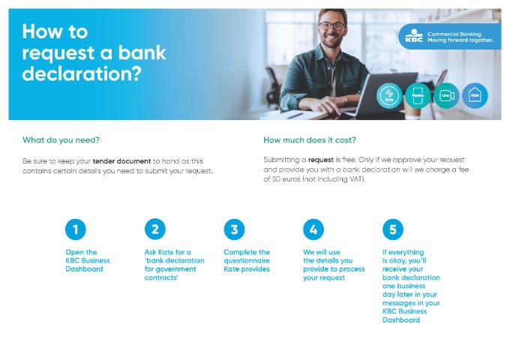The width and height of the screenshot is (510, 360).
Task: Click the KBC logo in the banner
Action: click(413, 35)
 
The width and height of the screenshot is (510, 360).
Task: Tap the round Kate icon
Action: click(389, 96)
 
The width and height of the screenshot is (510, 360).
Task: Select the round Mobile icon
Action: click(417, 96)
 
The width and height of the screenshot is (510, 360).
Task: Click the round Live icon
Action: click(446, 96)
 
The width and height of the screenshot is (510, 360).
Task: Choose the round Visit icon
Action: click(475, 95)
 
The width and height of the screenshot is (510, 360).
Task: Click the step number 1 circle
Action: click(75, 229)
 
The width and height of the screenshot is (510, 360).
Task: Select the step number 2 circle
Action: click(154, 229)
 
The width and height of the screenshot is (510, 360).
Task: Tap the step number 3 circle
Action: click(234, 229)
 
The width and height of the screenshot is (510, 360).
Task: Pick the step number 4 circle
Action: click(313, 229)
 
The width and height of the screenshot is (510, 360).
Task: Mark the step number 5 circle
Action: click(392, 229)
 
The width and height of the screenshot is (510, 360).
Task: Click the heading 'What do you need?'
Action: click(61, 140)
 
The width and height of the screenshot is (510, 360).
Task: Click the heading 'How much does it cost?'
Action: click(310, 140)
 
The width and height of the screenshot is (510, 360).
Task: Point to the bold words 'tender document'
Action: click(122, 161)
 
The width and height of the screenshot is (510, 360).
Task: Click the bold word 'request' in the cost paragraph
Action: click(320, 160)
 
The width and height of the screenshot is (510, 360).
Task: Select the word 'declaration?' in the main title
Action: click(82, 75)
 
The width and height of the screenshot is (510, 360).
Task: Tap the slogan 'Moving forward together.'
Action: click(460, 40)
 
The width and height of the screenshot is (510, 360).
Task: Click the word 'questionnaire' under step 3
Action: click(247, 260)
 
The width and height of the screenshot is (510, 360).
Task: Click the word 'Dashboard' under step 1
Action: click(84, 268)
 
